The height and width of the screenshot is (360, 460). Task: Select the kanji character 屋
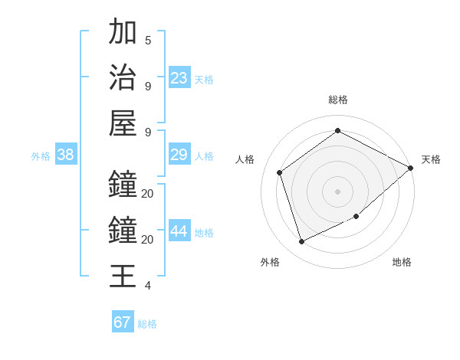coord(123,123)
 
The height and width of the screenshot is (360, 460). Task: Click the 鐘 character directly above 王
coord(123,230)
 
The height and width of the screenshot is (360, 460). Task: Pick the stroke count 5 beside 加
coord(148,40)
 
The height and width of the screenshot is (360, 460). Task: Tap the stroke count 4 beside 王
coord(148,286)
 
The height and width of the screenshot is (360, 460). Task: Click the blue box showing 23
coord(179,78)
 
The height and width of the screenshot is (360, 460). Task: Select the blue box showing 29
coord(179,155)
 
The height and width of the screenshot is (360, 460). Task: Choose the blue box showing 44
coord(179,231)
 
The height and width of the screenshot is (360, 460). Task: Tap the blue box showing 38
coord(65,155)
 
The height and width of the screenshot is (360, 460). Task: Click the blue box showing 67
coord(123,322)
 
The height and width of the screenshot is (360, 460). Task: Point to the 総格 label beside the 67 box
coord(147,324)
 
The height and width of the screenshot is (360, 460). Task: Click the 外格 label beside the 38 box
coord(41,156)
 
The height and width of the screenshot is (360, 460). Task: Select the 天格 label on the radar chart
coord(431,159)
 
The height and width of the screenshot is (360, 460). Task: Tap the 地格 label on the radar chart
coord(402,262)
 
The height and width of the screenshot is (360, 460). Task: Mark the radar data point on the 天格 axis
coord(411,168)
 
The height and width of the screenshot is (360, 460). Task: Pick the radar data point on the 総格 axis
coord(337,131)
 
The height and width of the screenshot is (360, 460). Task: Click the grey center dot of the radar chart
coord(337,191)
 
